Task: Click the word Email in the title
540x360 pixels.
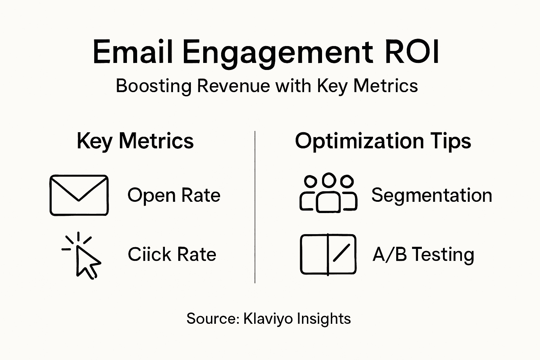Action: tap(133, 52)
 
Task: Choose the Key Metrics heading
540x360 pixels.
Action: tap(135, 141)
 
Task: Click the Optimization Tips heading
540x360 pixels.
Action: tap(383, 141)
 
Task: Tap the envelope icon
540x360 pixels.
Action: tap(79, 195)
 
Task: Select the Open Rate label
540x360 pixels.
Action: tap(174, 195)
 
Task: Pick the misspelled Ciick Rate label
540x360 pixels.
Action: tap(172, 254)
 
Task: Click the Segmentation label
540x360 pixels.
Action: tap(431, 195)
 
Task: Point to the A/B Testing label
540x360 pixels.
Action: tap(423, 254)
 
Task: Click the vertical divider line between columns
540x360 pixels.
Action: tap(255, 207)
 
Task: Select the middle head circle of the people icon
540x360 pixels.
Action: tap(329, 180)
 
